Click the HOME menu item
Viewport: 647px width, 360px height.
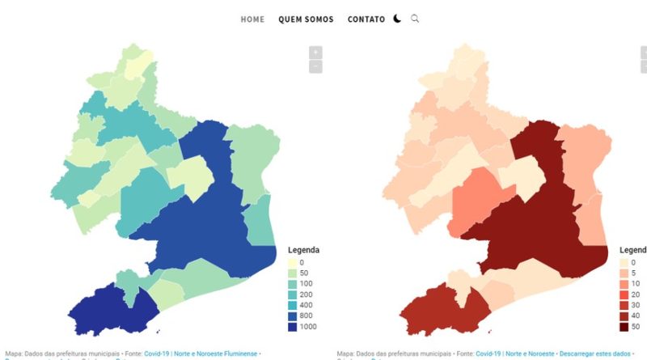tap(252, 19)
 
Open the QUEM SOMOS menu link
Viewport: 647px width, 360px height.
tap(306, 19)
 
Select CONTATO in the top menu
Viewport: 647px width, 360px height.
tap(366, 19)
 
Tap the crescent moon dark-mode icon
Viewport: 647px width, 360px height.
tap(398, 19)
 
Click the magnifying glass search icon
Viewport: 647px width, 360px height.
tap(416, 19)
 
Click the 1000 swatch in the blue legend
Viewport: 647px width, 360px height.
tap(294, 327)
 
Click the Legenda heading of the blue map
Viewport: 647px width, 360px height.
tap(303, 250)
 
